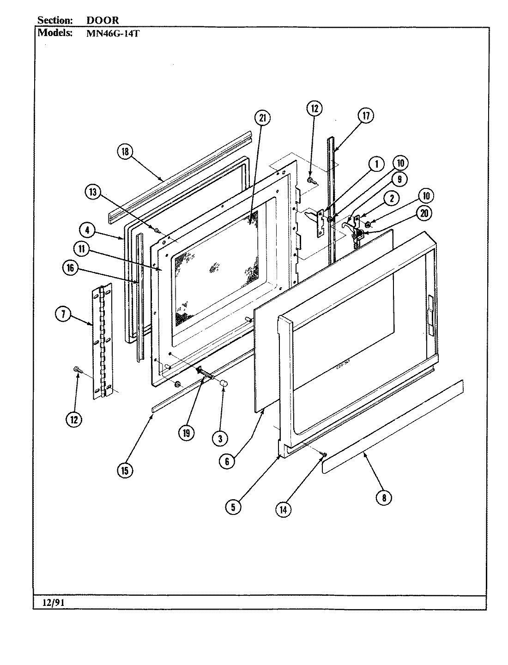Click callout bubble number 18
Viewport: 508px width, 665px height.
tap(125, 152)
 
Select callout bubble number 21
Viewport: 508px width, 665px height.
tap(262, 119)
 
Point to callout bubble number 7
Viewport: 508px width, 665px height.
tap(63, 314)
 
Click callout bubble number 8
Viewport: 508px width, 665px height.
tap(383, 497)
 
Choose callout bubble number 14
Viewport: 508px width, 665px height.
tap(284, 509)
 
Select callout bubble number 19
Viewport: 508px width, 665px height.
tap(187, 433)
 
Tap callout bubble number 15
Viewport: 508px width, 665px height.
tap(125, 470)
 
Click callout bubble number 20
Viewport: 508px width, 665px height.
tap(423, 213)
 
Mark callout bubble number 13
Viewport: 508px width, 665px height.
tap(93, 193)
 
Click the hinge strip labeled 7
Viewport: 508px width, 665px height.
tap(102, 342)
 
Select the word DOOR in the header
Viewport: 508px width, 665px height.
tap(103, 20)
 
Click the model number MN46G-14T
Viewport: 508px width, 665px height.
tap(109, 33)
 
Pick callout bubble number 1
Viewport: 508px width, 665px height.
tap(376, 164)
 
